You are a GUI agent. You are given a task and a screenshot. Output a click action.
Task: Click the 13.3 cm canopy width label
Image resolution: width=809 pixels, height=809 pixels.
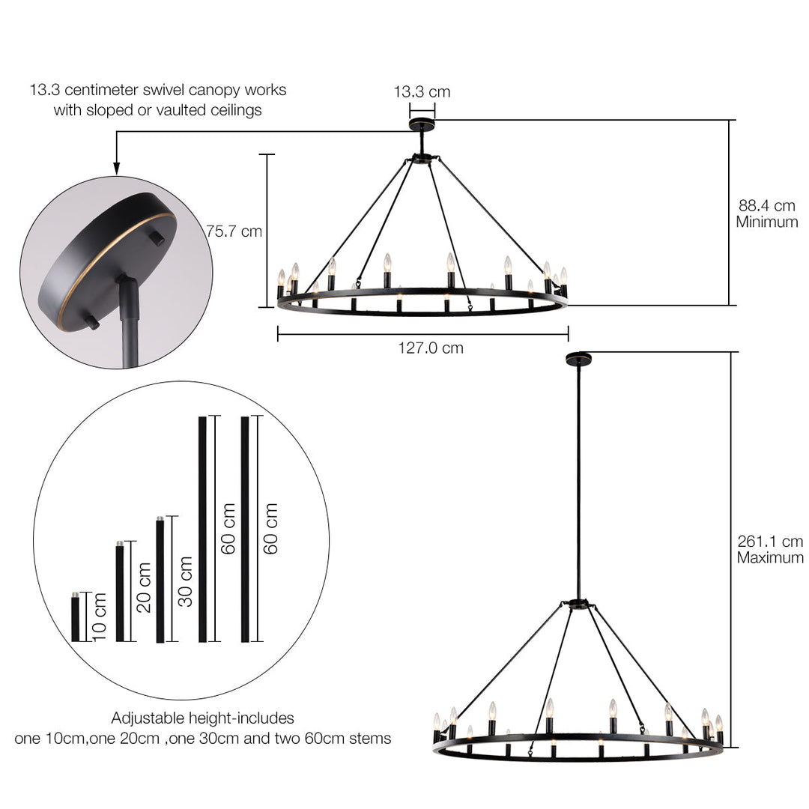422,92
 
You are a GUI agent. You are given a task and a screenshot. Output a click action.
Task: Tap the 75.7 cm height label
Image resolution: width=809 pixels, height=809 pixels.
234,231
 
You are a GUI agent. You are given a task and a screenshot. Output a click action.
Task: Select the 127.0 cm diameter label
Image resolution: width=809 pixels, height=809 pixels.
431,348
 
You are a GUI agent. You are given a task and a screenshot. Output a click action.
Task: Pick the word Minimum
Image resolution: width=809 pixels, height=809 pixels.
767,222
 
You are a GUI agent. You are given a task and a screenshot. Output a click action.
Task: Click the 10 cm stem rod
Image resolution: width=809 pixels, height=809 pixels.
75,617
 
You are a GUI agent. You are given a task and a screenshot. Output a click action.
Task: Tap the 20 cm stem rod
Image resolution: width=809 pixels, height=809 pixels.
120,592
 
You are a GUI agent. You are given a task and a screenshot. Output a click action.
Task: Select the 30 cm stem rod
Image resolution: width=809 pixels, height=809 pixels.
160,580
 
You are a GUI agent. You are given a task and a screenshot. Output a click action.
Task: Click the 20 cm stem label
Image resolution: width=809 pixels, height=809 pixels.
145,587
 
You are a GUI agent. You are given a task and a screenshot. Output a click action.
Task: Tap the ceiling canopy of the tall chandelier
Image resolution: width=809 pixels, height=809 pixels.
578,360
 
